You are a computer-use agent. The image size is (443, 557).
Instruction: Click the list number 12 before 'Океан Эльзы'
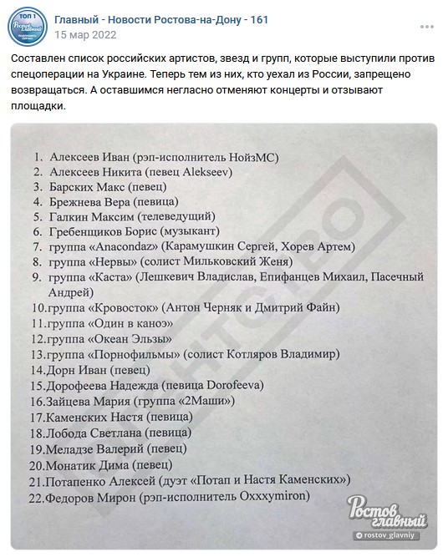pos(36,338)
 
